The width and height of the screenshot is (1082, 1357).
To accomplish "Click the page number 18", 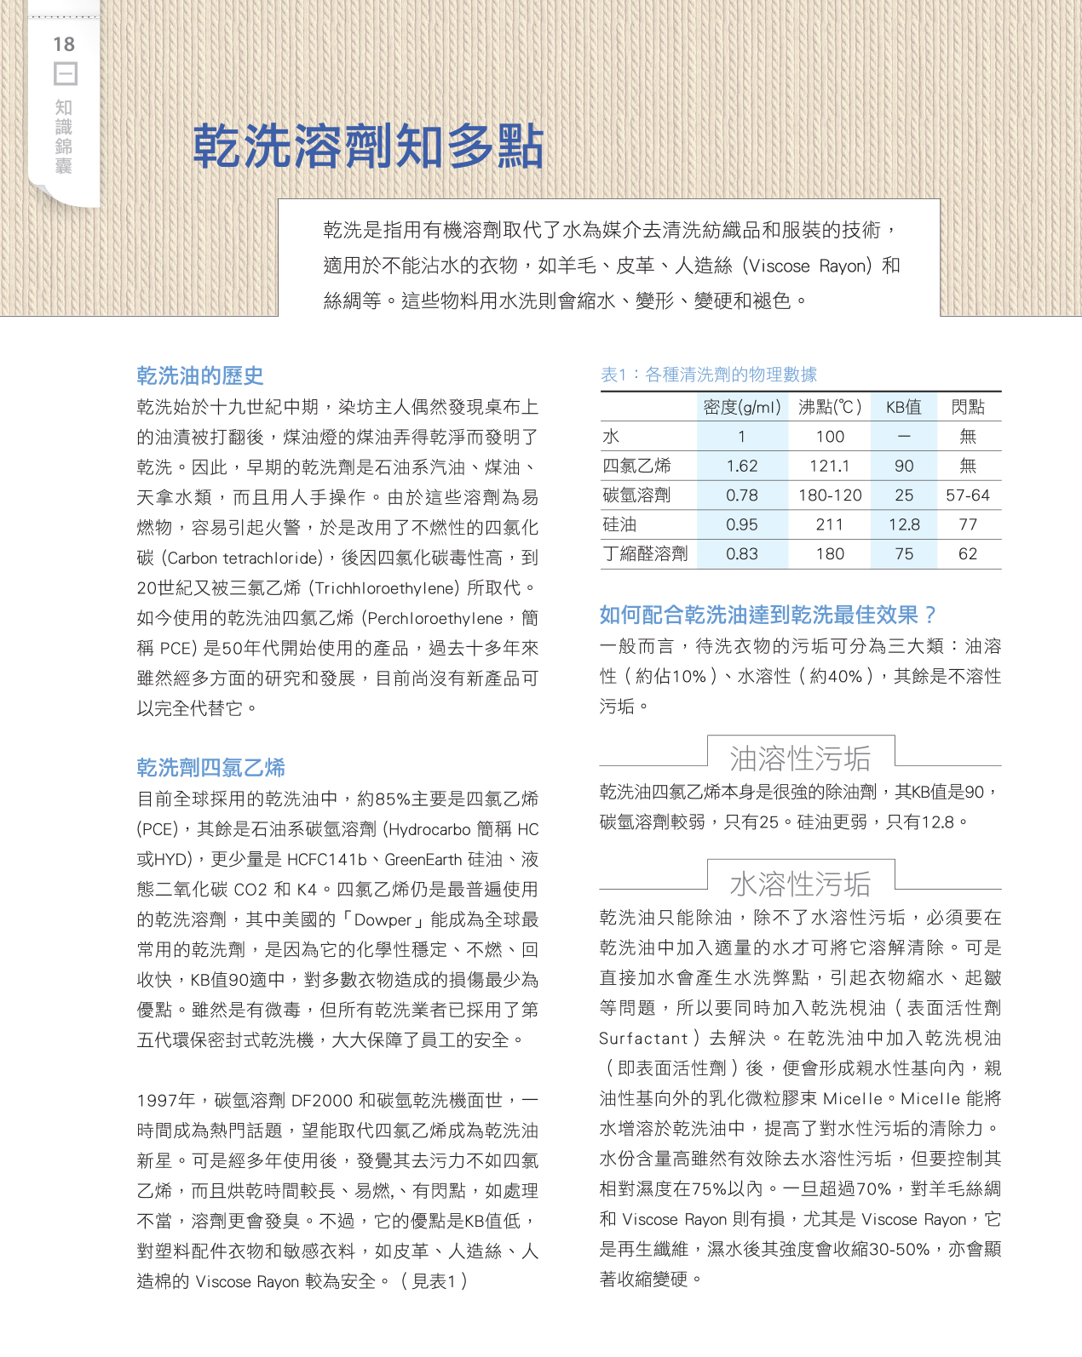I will (x=64, y=44).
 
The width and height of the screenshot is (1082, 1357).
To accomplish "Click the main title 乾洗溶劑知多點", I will (x=367, y=146).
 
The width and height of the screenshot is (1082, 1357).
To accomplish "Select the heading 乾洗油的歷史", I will (x=200, y=375).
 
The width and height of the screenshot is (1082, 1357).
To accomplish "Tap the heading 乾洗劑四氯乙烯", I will (x=210, y=767).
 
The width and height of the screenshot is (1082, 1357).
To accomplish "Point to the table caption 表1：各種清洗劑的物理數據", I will (x=709, y=375).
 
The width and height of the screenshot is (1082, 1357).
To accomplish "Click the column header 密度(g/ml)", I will (x=742, y=407).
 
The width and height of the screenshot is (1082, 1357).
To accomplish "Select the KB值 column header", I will (x=904, y=407).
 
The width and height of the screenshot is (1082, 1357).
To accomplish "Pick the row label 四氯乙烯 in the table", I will (x=636, y=466).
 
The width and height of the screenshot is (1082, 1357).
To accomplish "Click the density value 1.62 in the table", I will (x=742, y=466).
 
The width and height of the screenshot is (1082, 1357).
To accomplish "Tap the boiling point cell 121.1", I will (x=830, y=466).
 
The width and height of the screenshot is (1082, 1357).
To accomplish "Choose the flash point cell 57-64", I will (x=968, y=495).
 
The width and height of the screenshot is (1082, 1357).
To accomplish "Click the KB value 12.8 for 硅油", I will (x=904, y=524).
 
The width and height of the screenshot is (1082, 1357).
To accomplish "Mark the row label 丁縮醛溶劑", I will (x=645, y=553).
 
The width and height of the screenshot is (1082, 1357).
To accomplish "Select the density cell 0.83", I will (x=742, y=553).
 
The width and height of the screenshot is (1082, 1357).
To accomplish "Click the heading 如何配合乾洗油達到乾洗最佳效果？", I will (x=768, y=615).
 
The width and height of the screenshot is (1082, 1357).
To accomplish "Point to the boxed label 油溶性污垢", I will (x=800, y=758).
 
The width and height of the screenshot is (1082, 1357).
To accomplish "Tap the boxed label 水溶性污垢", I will (x=800, y=884).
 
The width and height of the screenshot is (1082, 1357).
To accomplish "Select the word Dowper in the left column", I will (x=383, y=919).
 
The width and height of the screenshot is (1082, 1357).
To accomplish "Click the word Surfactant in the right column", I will (x=643, y=1039).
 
